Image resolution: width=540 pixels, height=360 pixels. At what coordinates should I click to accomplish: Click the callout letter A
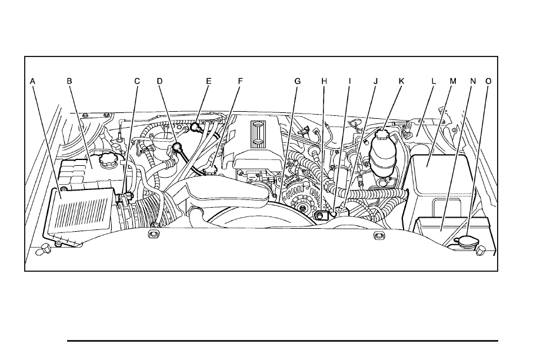coord(33,81)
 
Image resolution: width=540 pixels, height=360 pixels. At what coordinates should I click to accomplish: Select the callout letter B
coord(69,81)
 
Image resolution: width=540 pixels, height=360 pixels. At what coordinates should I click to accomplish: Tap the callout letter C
coord(137,81)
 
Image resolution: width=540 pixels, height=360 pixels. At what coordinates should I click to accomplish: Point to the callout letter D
coord(159,81)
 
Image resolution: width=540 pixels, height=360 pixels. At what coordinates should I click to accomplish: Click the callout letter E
coord(209,81)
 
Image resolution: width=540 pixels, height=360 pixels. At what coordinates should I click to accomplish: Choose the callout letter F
coord(241,81)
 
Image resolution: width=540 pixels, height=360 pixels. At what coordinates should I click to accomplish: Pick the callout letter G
coord(298,81)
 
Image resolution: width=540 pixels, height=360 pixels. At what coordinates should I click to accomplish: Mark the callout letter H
coord(324,81)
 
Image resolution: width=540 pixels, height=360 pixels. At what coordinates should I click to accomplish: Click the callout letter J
coord(376,81)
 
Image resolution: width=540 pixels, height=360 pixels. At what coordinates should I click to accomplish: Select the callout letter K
coord(401,81)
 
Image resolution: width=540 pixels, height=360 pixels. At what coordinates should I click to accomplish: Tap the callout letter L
coord(434,81)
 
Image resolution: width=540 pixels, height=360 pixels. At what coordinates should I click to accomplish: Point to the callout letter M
coord(453,81)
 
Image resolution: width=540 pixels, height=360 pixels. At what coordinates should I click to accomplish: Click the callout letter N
coord(473,81)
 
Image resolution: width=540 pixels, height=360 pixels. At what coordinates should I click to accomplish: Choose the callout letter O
coord(488,81)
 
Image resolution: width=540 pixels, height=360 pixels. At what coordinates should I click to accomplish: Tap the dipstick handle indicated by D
coord(178,147)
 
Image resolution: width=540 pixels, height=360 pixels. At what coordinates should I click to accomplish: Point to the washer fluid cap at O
coord(465,241)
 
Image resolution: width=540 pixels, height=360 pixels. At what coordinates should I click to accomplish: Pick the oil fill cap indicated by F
coord(210,170)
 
